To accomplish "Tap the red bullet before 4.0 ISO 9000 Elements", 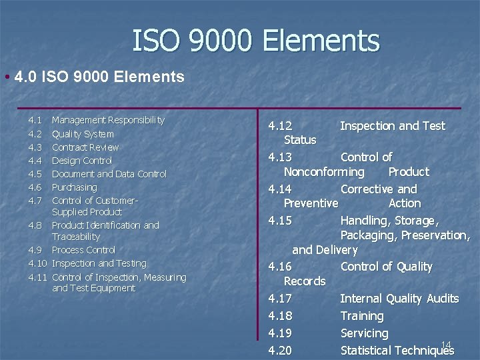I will pos(6,77).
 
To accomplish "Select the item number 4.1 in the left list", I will pos(35,120).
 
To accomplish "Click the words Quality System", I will pos(83,134).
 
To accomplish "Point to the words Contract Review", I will pos(85,147).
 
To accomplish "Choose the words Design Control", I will pos(81,161).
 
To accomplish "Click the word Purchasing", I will pos(74,187).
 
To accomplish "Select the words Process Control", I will pos(83,250).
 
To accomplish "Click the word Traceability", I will pos(75,237).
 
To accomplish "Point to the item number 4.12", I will pos(279,126).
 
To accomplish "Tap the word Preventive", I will pos(311,203).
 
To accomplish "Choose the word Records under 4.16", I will pos(305,281).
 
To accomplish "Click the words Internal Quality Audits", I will pos(399,299).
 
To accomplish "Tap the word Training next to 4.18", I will pos(361,316).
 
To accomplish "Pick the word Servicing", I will pos(363,333).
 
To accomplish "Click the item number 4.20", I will pos(279,351).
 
